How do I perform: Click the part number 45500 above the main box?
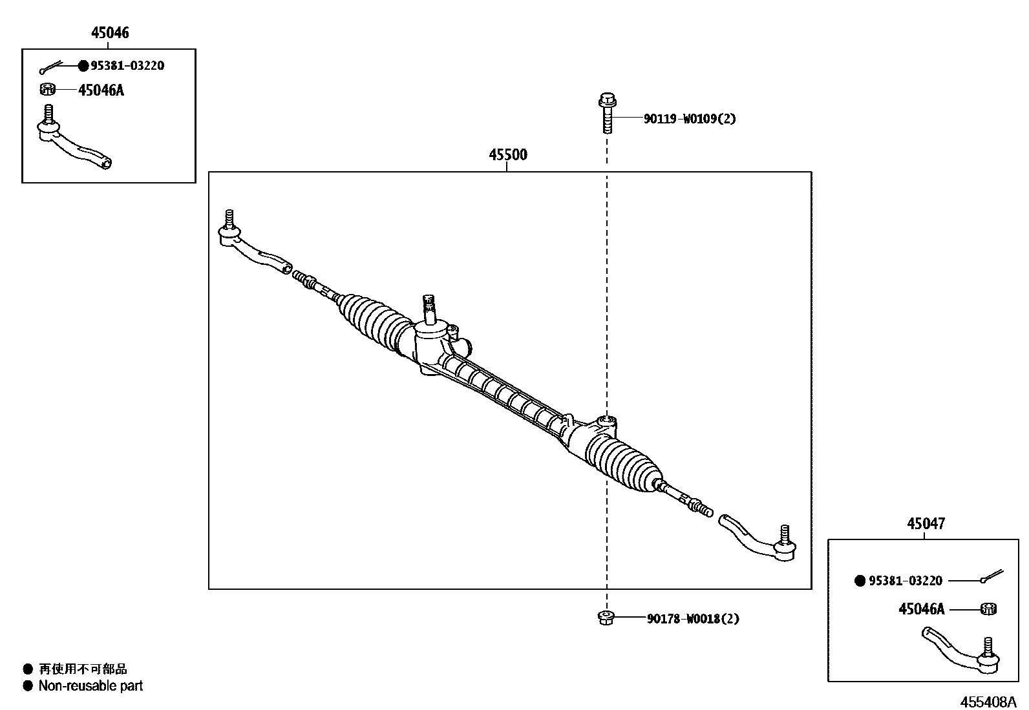507,155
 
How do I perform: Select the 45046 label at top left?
109,33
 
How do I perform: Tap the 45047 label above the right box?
926,523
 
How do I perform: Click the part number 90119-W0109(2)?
689,119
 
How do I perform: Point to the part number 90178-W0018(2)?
693,619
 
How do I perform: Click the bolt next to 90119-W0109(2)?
606,112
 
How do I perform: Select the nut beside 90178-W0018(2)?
606,618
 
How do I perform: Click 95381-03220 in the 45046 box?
127,66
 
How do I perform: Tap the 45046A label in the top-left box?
101,90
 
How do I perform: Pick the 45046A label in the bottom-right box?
921,609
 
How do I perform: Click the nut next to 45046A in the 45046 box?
47,89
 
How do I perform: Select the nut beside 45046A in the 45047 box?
988,609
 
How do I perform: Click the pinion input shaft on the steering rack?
428,309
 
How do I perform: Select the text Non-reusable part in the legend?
90,686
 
